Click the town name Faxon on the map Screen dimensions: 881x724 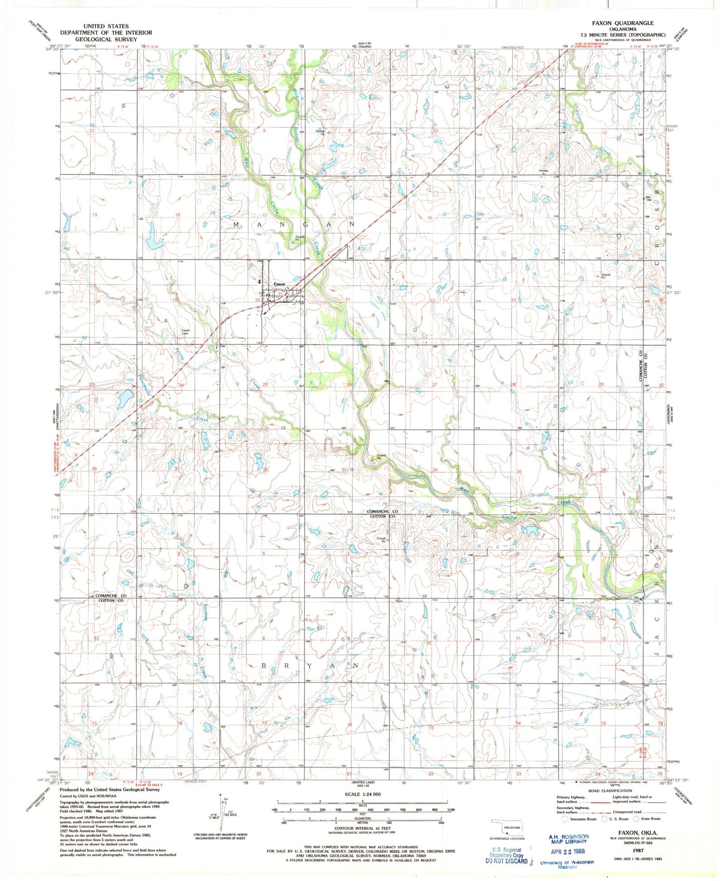[279, 284]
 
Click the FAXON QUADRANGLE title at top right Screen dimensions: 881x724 [622, 23]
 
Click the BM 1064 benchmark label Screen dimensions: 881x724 [648, 198]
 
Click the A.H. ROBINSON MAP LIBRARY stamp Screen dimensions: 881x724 [568, 839]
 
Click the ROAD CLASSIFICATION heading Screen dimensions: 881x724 [610, 790]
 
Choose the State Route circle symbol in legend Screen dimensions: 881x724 [637, 819]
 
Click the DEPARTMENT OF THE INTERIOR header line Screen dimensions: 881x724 [106, 33]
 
